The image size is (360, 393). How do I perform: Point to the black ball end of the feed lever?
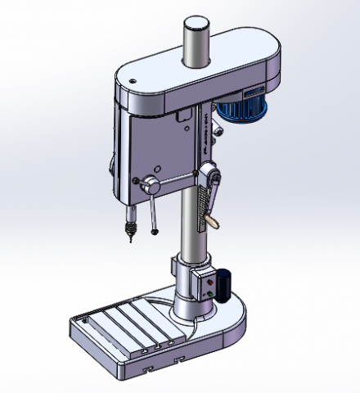153,232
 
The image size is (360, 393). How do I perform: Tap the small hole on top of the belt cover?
131,81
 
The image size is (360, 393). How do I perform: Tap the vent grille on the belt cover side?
252,90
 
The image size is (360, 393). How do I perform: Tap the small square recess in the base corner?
83,324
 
